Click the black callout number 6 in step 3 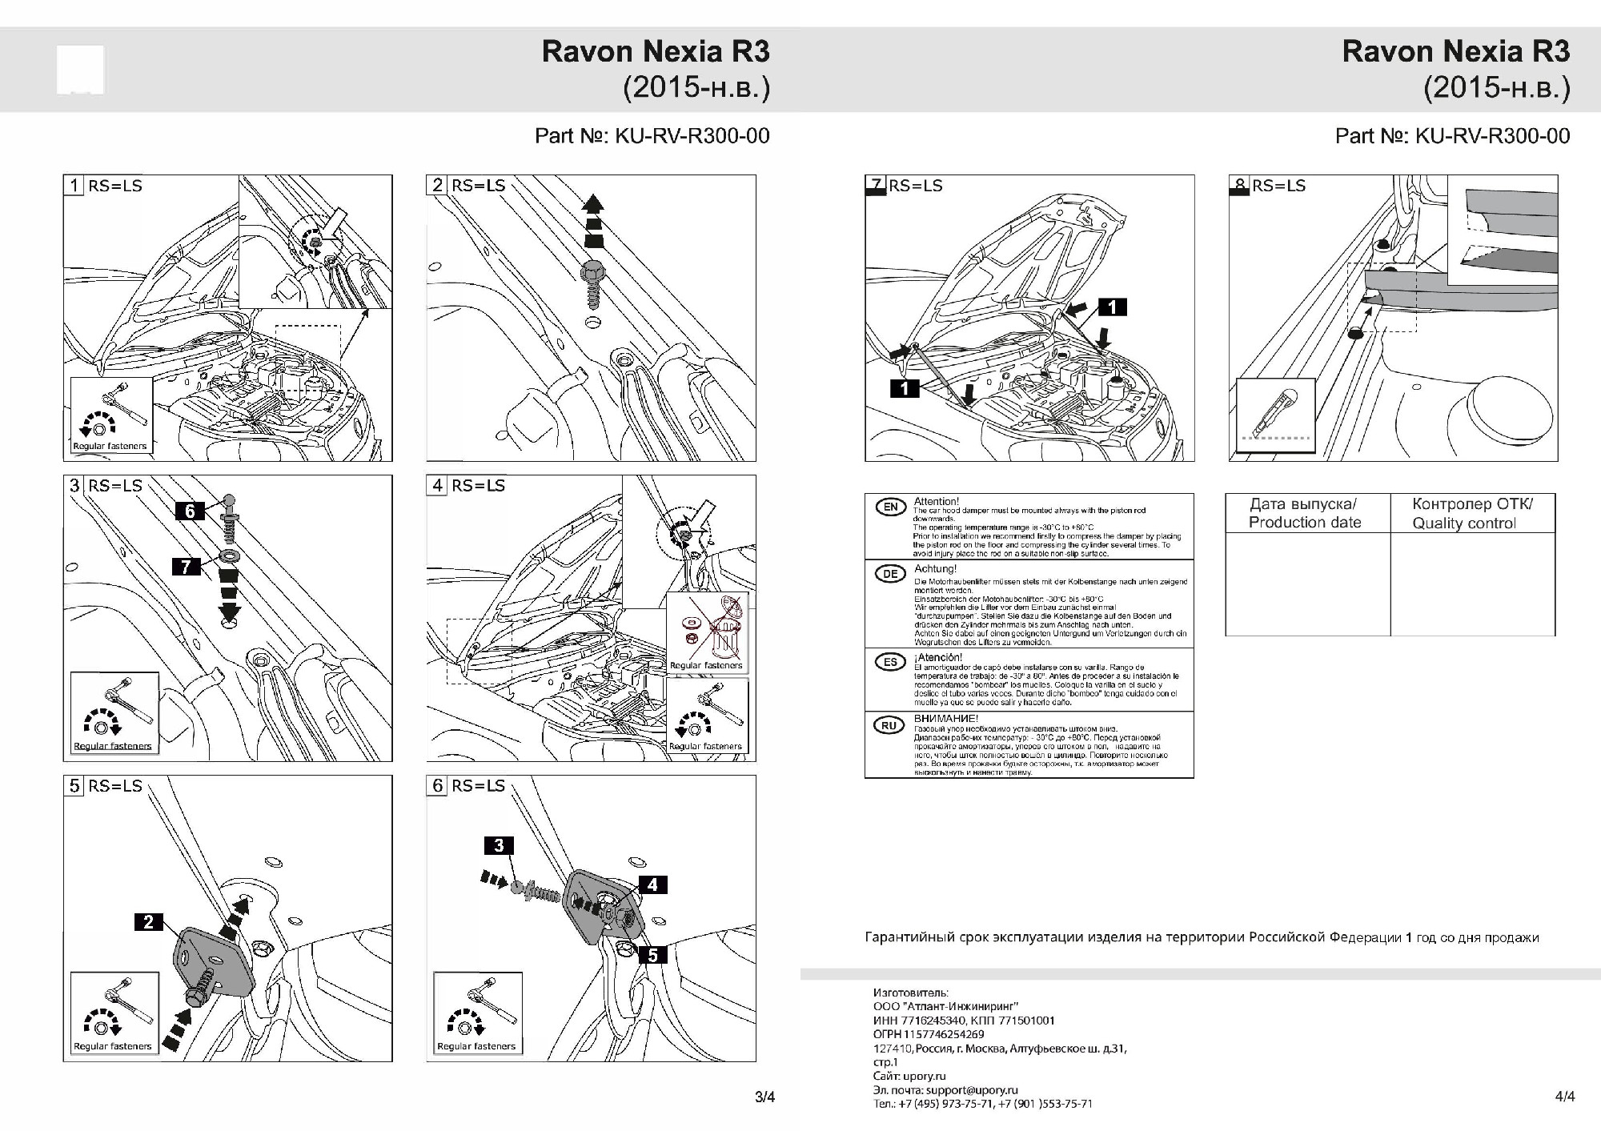(190, 511)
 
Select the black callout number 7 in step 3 (186, 567)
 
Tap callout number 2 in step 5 (148, 922)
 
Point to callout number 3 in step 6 (499, 845)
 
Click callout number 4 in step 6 (652, 884)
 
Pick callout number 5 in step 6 (652, 955)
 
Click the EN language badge (890, 507)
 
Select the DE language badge (890, 574)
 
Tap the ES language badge (890, 662)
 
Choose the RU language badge (889, 725)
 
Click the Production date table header (1304, 513)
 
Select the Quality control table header (1471, 513)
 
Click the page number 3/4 (764, 1097)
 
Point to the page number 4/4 (1565, 1097)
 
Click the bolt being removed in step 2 (592, 285)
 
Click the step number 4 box (437, 485)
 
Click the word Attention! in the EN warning (936, 502)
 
